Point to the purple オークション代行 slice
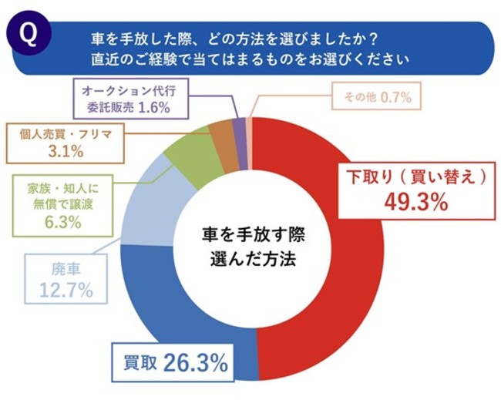pos(239,131)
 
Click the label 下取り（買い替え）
pos(417,176)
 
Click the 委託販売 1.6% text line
pos(127,108)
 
